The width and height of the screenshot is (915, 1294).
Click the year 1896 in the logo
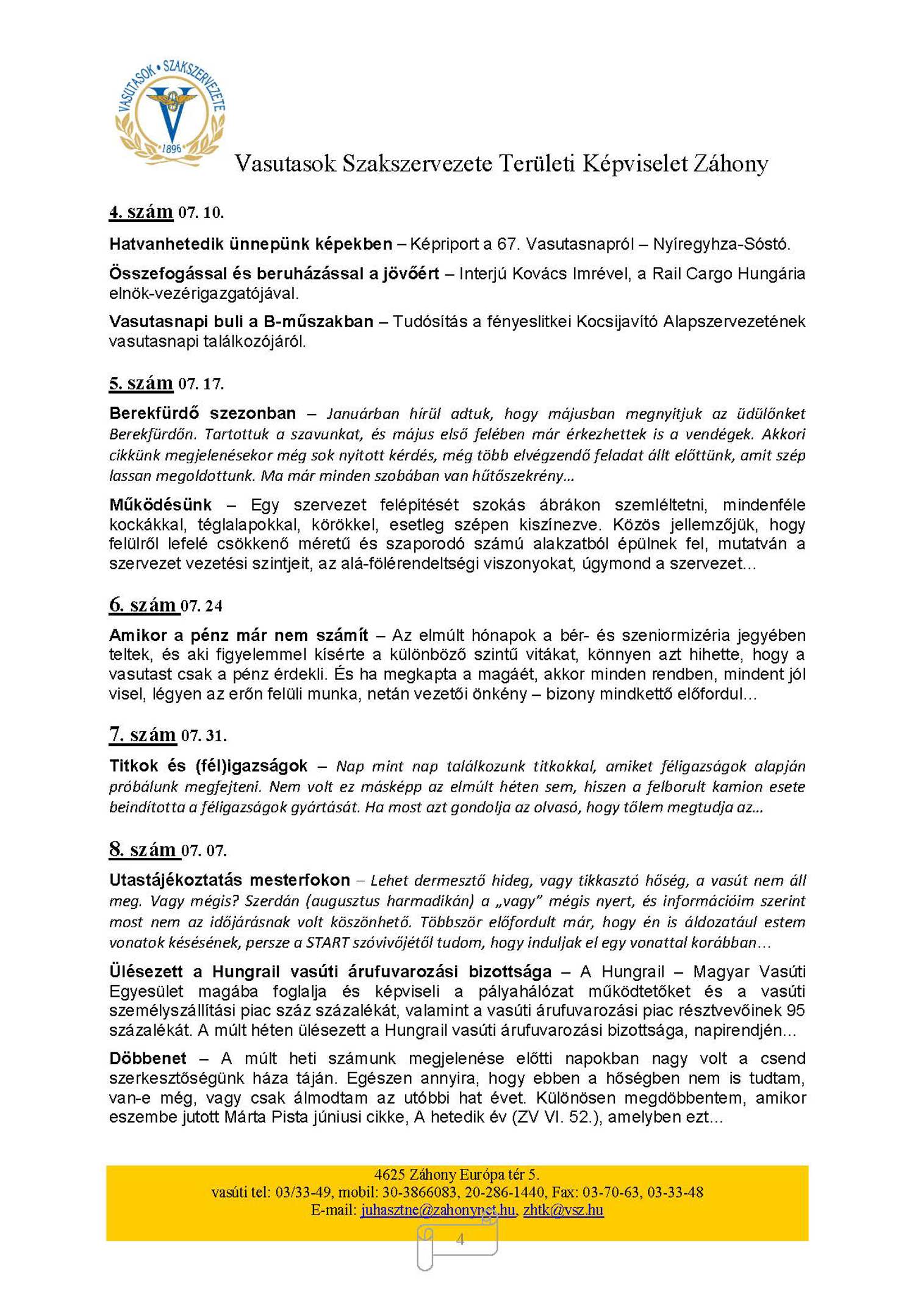pos(172,148)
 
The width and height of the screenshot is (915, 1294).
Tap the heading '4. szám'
pos(141,212)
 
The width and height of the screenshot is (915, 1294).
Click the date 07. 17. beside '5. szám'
pos(201,384)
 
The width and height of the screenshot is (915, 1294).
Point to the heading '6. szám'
pos(143,605)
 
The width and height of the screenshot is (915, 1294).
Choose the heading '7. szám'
pos(143,734)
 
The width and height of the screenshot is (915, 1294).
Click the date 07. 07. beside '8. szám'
pos(204,850)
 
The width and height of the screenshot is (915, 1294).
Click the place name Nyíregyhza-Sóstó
pos(721,244)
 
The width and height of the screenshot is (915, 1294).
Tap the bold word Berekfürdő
pos(154,413)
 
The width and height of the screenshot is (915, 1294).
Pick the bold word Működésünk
pos(160,505)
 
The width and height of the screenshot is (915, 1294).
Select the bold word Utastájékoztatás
pos(175,880)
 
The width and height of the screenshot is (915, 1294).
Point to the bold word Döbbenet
pos(148,1058)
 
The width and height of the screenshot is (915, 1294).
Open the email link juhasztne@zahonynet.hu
pos(437,1209)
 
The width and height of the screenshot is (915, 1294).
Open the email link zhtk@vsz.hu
pos(563,1209)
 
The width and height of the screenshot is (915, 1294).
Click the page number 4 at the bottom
pos(460,1238)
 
